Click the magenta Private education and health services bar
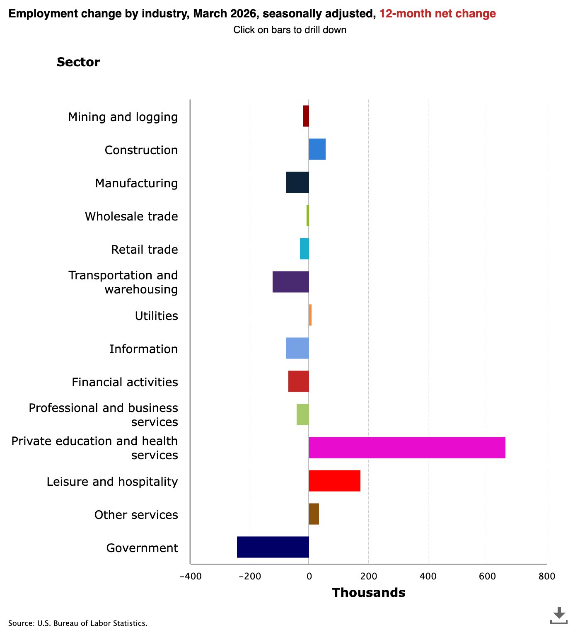click(407, 448)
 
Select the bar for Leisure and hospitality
click(334, 481)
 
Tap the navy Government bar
click(273, 547)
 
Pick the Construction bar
click(317, 149)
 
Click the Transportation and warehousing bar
click(291, 282)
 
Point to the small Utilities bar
click(310, 315)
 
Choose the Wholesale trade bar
click(308, 216)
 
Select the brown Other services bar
click(314, 514)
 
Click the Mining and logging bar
click(306, 116)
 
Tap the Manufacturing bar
click(297, 182)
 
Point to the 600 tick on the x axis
click(487, 576)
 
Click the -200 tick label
click(249, 576)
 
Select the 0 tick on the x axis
click(309, 576)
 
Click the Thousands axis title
click(369, 593)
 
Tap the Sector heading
click(78, 62)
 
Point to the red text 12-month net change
click(437, 14)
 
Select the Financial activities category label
click(125, 382)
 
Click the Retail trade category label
click(144, 250)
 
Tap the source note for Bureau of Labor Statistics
click(78, 623)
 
